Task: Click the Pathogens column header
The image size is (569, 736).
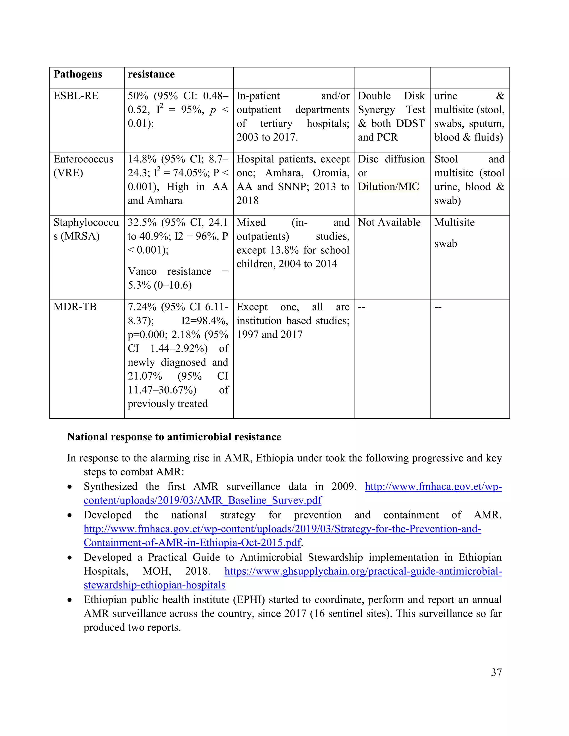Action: [78, 74]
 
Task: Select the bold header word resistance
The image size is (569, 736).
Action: [151, 74]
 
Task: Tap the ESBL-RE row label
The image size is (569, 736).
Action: [76, 96]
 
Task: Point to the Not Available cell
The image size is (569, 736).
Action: [389, 222]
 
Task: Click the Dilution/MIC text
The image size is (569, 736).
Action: [388, 187]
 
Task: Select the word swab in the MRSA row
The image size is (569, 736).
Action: [445, 244]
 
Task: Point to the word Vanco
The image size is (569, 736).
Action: [142, 272]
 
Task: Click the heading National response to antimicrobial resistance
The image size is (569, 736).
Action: [174, 437]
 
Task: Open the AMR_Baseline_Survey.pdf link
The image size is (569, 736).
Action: [203, 500]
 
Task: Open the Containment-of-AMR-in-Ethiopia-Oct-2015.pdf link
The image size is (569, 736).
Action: [192, 543]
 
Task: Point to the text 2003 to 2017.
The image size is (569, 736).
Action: [267, 137]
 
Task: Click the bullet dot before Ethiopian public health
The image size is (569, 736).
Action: [69, 600]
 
